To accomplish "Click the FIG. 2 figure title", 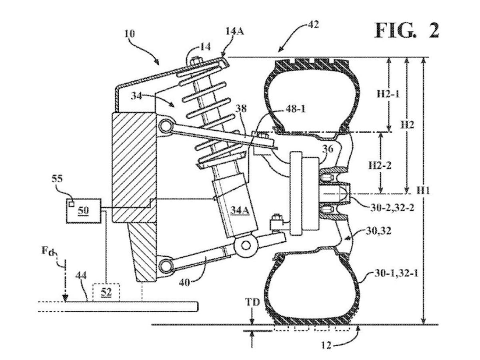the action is coord(407,31).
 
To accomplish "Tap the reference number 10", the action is coord(130,34).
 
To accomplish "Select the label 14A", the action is coord(235,32).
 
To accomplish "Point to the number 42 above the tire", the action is coord(313,24).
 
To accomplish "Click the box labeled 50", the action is coord(84,211).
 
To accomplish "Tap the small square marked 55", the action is coord(71,204).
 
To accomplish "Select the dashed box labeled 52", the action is coord(106,292).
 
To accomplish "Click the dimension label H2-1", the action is coord(388,94).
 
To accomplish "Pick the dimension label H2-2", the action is coord(380,165).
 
